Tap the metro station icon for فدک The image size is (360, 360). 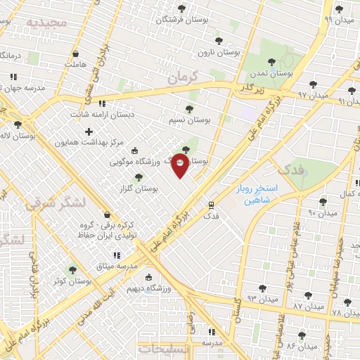click(210, 205)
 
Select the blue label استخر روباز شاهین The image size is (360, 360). click(256, 195)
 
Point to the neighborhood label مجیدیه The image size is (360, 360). click(46, 22)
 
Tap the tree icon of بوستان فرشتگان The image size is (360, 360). click(181, 9)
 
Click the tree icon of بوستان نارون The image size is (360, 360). click(219, 41)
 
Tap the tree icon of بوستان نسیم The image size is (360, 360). click(188, 109)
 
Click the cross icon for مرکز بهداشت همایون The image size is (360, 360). click(89, 131)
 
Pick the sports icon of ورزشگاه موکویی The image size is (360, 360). click(135, 150)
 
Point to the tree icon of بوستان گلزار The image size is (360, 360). click(138, 178)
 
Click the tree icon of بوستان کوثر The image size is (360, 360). click(72, 270)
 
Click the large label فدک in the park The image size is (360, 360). click(290, 169)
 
